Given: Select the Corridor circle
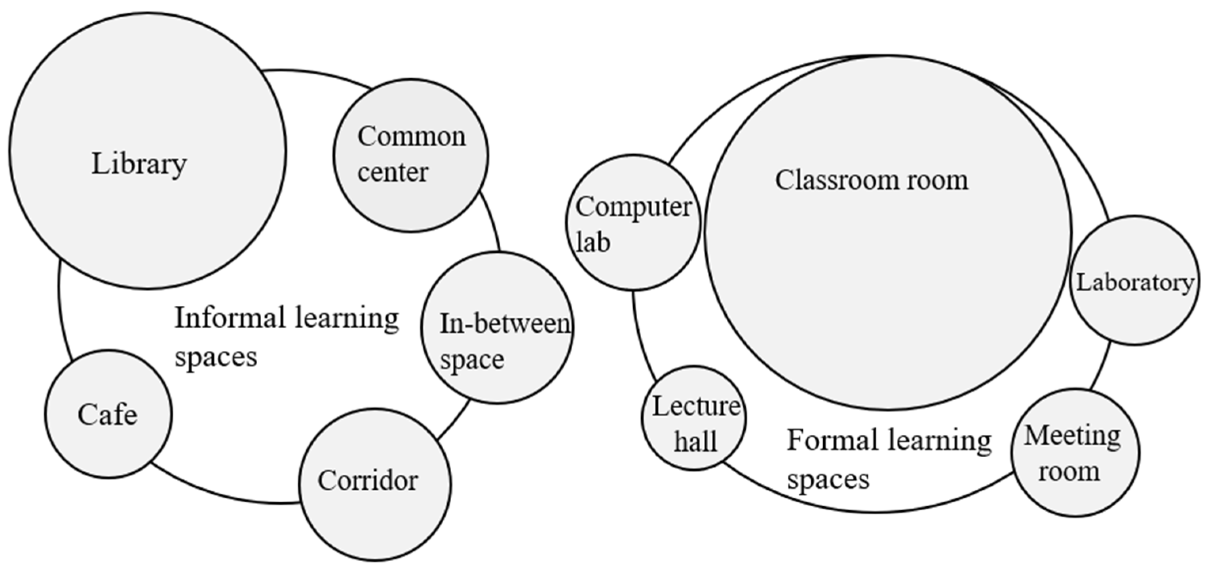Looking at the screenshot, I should point(375,516).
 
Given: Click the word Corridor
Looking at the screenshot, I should point(368,481).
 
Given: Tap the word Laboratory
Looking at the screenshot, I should point(1134,283).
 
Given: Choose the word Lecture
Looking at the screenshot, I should point(696,406).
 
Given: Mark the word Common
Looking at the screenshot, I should point(412,137).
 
